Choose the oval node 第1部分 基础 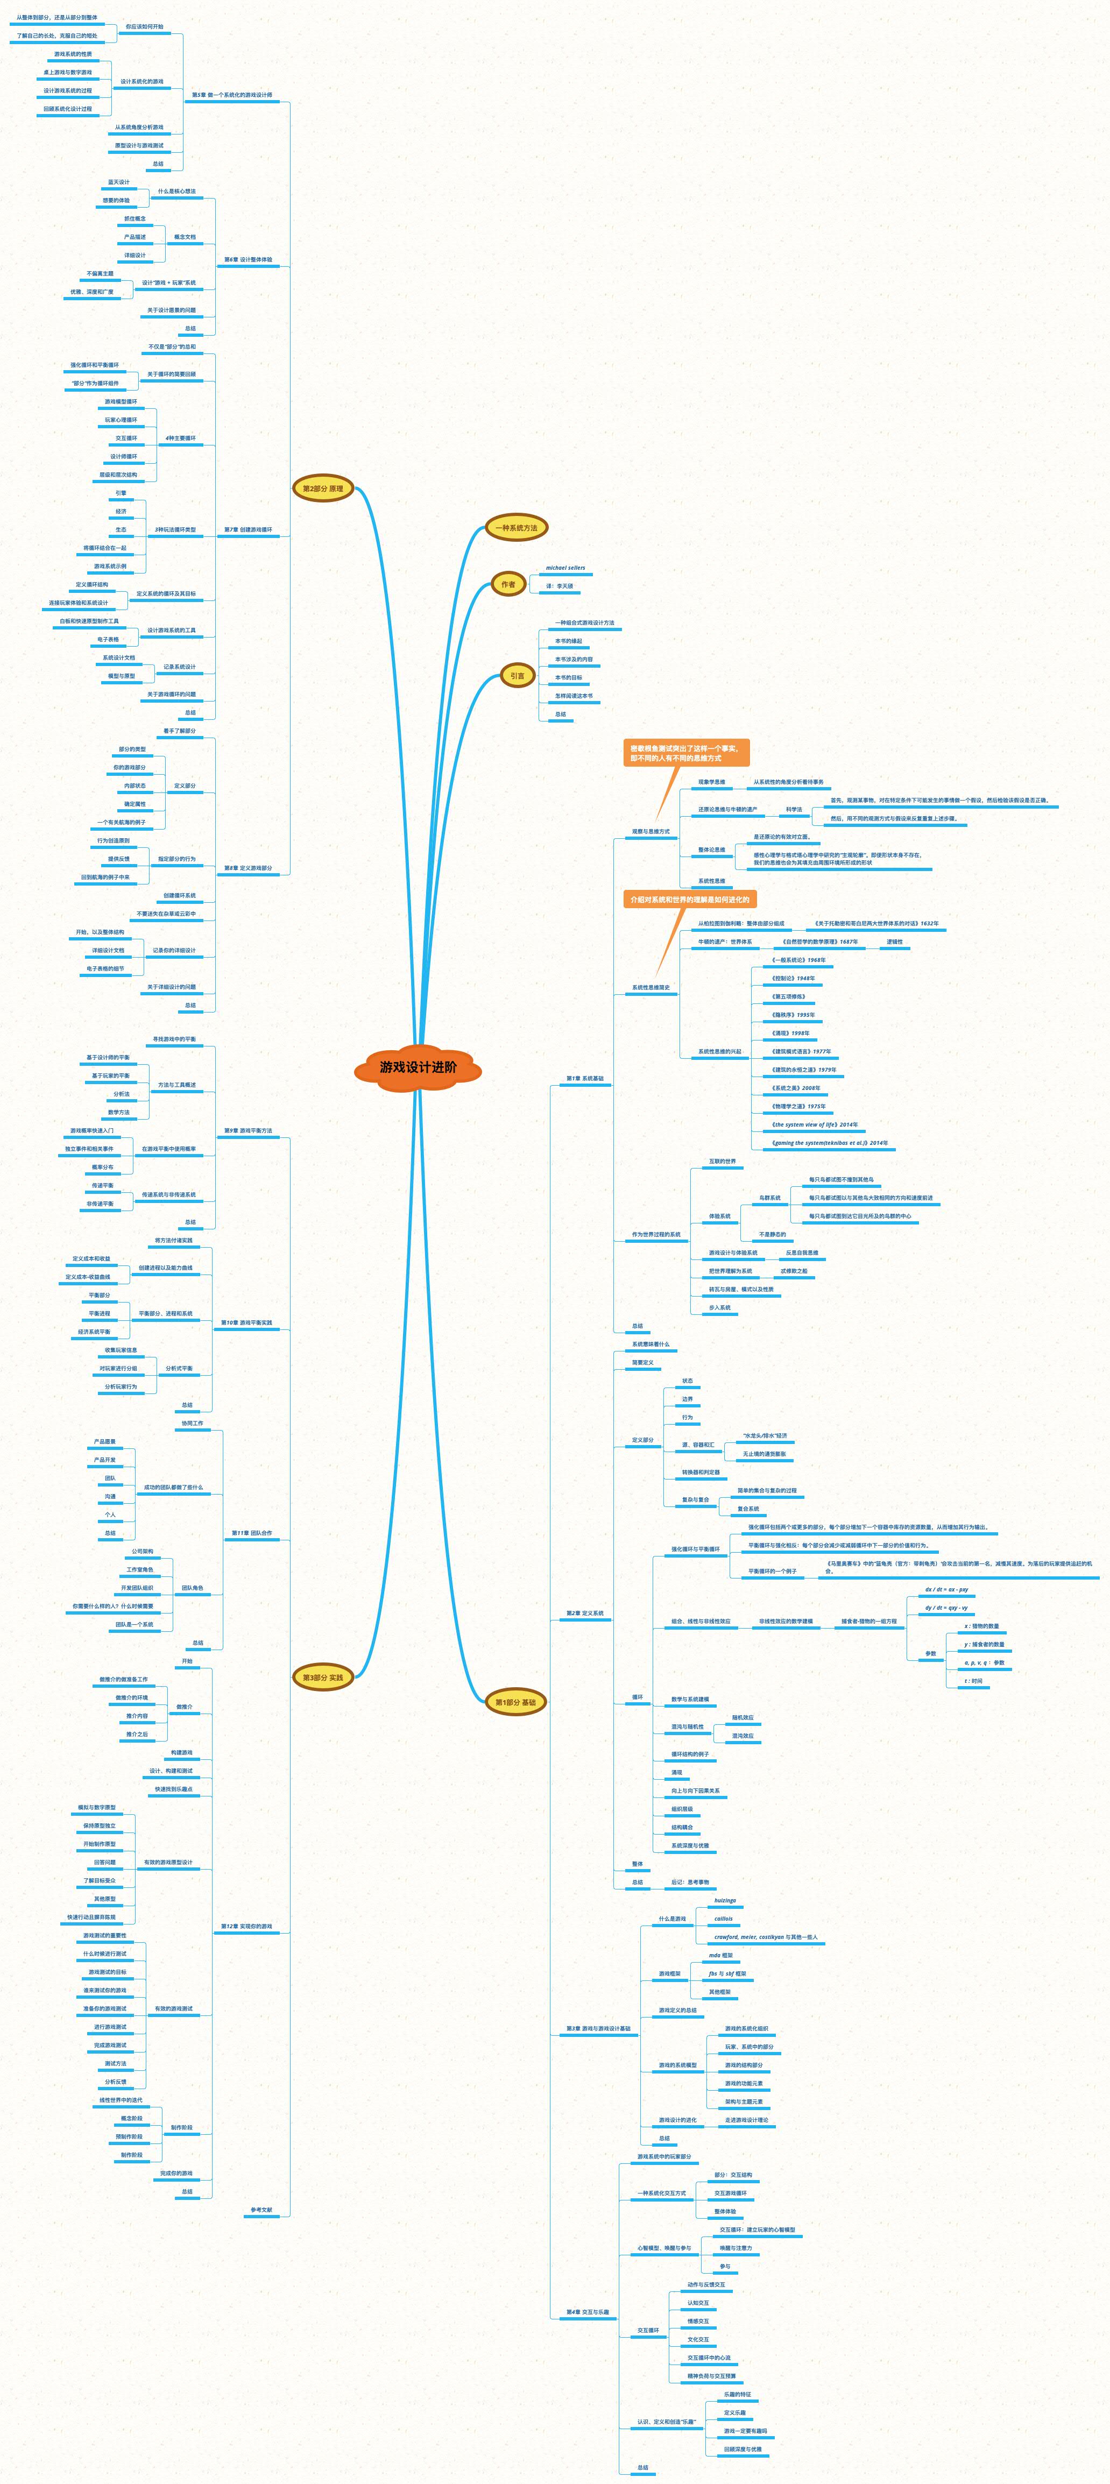[x=515, y=1702]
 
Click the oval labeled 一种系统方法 [x=516, y=527]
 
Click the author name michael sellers [x=565, y=568]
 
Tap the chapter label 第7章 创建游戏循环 [x=248, y=529]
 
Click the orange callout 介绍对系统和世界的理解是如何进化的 [x=689, y=900]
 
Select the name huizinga [x=724, y=1901]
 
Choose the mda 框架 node [x=720, y=1956]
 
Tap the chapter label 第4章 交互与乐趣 [x=588, y=2312]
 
